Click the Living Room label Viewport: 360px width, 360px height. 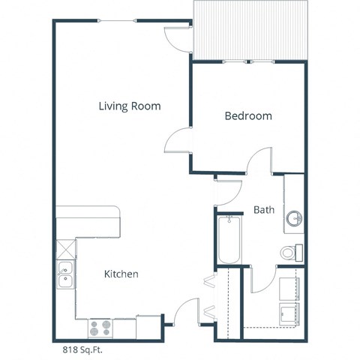pos(130,106)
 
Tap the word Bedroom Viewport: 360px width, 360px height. pos(248,116)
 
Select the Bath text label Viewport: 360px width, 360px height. pos(263,210)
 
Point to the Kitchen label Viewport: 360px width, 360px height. pos(121,274)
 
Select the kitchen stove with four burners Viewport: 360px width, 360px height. pos(100,328)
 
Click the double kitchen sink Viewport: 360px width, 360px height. pos(64,276)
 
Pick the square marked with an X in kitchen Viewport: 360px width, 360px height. pos(65,249)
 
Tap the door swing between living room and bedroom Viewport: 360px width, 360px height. pos(178,142)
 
